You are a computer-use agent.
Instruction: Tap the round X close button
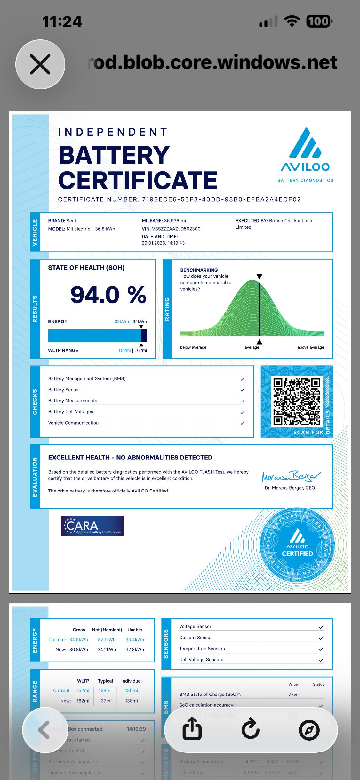point(40,64)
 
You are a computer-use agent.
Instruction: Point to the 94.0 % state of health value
point(108,295)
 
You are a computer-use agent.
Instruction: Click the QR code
point(297,401)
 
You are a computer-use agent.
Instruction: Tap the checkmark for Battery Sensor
point(242,390)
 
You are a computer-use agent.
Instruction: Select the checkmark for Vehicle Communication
point(242,423)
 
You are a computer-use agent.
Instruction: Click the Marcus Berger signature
point(291,476)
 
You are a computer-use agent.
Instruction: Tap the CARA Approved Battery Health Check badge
point(92,525)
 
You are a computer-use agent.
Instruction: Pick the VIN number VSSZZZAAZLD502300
point(176,229)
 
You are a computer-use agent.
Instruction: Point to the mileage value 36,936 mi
point(175,221)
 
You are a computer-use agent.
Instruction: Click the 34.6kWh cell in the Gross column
point(79,639)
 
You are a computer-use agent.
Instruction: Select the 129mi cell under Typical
point(105,690)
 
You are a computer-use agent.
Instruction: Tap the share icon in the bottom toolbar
point(192,730)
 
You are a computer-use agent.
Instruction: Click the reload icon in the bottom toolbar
point(250,730)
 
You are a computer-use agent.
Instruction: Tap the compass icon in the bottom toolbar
point(309,730)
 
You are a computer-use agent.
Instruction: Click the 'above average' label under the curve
point(310,347)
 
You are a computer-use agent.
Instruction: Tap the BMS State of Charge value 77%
point(293,694)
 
